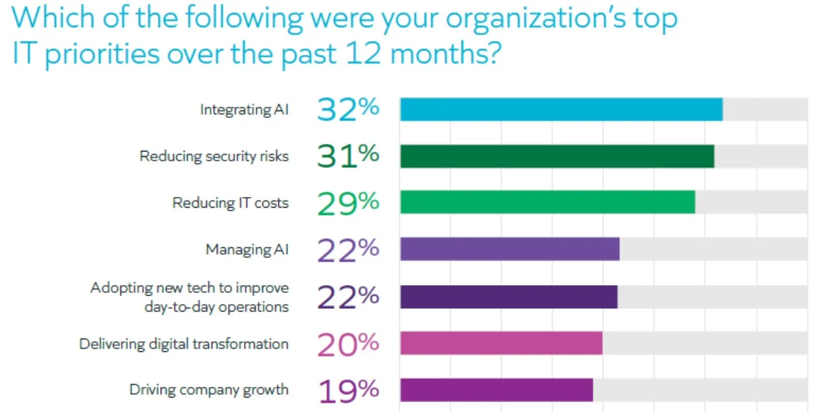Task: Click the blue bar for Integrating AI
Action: (561, 109)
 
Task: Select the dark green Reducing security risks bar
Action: (557, 156)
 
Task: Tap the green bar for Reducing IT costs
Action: (547, 202)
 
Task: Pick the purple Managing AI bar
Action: (510, 249)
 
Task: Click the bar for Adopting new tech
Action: (508, 297)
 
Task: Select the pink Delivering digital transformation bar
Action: (501, 343)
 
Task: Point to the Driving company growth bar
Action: (496, 390)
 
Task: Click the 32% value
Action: (348, 109)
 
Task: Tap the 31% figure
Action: (348, 156)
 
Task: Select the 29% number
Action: (348, 202)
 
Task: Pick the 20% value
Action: (348, 344)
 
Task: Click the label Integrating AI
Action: (244, 110)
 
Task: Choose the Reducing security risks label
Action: (213, 157)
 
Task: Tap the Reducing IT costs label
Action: (230, 203)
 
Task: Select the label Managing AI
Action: (247, 250)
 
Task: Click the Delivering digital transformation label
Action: (184, 344)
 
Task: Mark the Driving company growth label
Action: (208, 390)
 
